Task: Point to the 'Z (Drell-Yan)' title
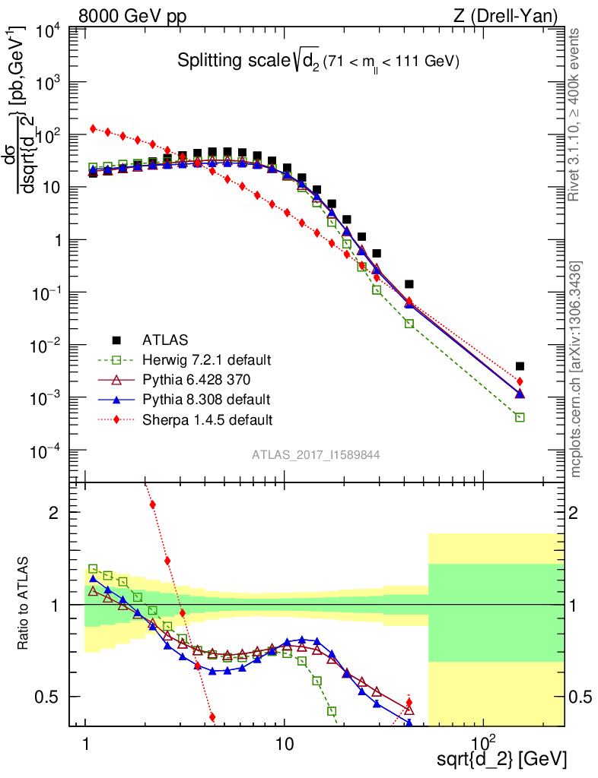point(517,15)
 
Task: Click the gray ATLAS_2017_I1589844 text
point(316,454)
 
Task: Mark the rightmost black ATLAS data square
point(520,366)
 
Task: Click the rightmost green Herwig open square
point(520,417)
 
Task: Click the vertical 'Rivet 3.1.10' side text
point(575,114)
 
